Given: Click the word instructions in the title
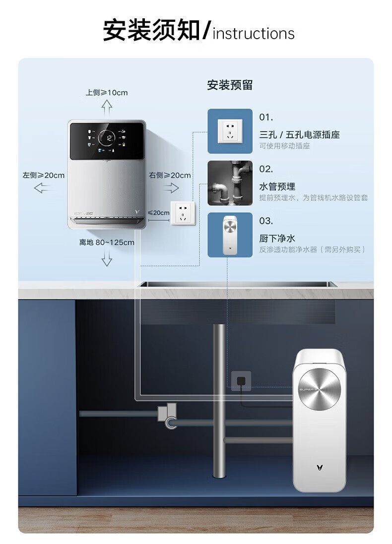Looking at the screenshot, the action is coord(254,34).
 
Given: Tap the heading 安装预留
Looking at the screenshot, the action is coord(230,85).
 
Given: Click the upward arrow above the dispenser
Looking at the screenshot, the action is coord(107,107).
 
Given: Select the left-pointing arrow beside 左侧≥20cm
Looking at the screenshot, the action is coord(43,187).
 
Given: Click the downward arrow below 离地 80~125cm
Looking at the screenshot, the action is coord(107,258).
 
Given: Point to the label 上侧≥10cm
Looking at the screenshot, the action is coord(107,93).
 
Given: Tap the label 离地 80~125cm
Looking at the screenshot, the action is coord(107,242).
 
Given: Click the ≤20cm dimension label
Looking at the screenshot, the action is coord(158,213).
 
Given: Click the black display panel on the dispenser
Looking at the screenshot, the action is coord(107,141).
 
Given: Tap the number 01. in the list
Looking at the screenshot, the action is coord(266,118).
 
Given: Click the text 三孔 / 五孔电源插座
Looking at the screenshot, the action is coord(299,134).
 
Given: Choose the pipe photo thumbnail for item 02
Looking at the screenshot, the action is coord(230,183).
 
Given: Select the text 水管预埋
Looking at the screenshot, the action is coord(277,186).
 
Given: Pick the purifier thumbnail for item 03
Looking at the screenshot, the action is coord(230,235).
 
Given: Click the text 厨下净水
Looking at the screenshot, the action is coord(277,239).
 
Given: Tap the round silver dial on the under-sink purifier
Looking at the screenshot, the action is coord(320,390).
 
